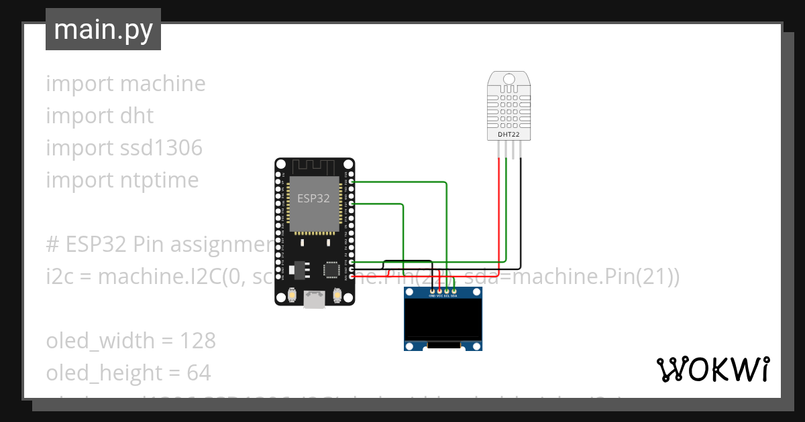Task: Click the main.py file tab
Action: click(x=103, y=29)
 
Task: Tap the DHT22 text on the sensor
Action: click(x=508, y=134)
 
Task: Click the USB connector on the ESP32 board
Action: click(x=314, y=299)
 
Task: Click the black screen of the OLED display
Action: click(x=443, y=319)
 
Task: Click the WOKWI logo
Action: click(x=712, y=369)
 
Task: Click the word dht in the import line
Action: click(x=137, y=116)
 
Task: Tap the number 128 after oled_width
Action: click(x=197, y=341)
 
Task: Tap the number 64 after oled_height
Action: click(x=199, y=372)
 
